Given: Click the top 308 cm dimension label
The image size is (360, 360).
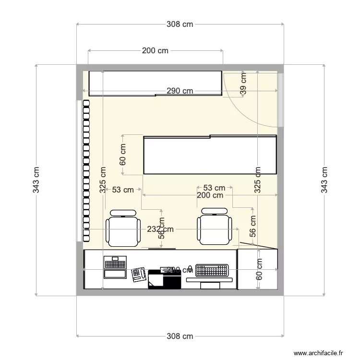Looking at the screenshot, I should point(180,24).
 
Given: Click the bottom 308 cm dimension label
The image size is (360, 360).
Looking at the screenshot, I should point(180,336).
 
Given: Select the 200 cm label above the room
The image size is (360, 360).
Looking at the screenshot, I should point(155,50).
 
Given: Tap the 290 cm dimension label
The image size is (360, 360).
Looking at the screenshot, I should point(180,91).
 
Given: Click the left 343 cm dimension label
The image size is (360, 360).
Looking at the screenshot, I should point(36,180).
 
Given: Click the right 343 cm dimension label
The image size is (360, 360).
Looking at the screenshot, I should point(324,180).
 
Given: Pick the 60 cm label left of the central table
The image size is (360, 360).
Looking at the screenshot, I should point(123,155).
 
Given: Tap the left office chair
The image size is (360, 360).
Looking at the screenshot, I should point(123,228).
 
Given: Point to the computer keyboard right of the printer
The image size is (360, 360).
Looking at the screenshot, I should point(212,271).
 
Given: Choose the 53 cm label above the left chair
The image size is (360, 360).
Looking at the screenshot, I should point(123,190).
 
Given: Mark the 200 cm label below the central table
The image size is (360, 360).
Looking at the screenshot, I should point(210,195).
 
